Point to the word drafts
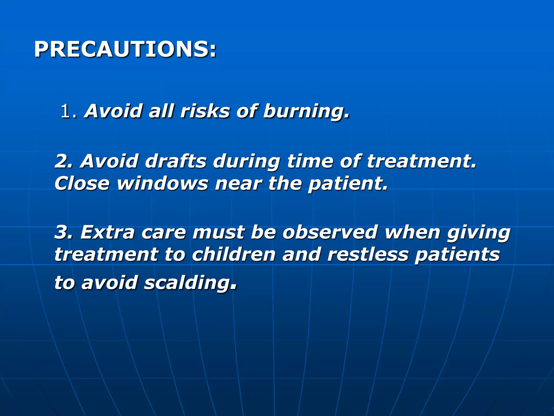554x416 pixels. (x=176, y=161)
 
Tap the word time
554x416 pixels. (x=309, y=161)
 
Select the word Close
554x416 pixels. (x=82, y=184)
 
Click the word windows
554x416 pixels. (x=162, y=184)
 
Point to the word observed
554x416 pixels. (x=330, y=232)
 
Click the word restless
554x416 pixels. (x=368, y=255)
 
